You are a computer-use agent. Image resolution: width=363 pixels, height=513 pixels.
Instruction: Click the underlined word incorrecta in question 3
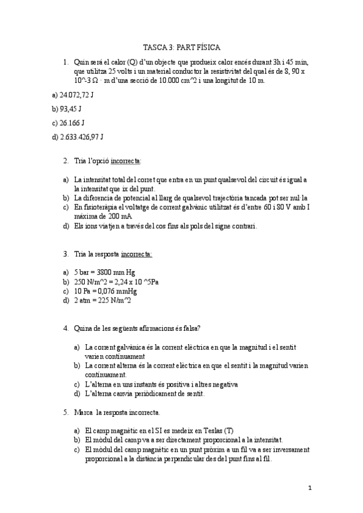(x=136, y=254)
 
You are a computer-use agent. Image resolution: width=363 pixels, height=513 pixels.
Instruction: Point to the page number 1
(x=309, y=488)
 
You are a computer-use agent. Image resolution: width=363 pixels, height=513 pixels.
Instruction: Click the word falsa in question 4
(x=187, y=328)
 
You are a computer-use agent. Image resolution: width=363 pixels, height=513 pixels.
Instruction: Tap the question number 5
(x=65, y=413)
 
